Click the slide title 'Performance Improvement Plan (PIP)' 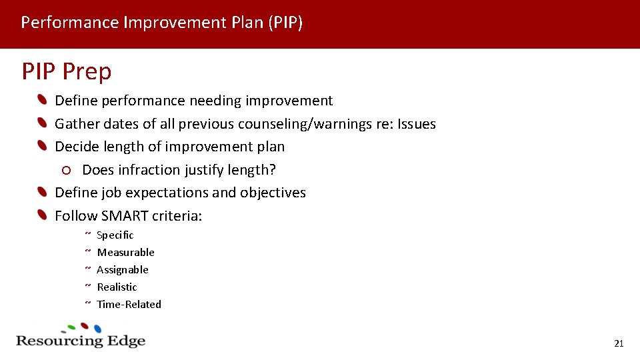162,23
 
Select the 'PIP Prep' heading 67,71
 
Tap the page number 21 618,343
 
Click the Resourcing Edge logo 80,336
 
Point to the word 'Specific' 115,235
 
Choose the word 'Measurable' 125,252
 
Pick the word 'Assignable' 123,269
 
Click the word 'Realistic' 117,287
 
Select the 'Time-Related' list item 129,304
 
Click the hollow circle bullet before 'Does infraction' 66,170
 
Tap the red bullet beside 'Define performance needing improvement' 42,101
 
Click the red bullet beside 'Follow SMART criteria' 42,215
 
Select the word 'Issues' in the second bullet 417,124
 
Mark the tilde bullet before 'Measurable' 87,251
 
